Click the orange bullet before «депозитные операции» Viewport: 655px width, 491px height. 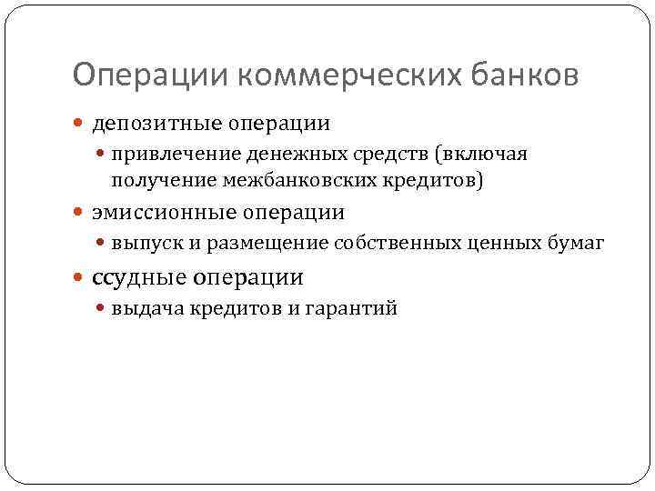click(x=81, y=123)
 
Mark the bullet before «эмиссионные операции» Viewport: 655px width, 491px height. click(x=81, y=214)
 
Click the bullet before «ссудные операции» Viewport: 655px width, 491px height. click(x=81, y=277)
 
